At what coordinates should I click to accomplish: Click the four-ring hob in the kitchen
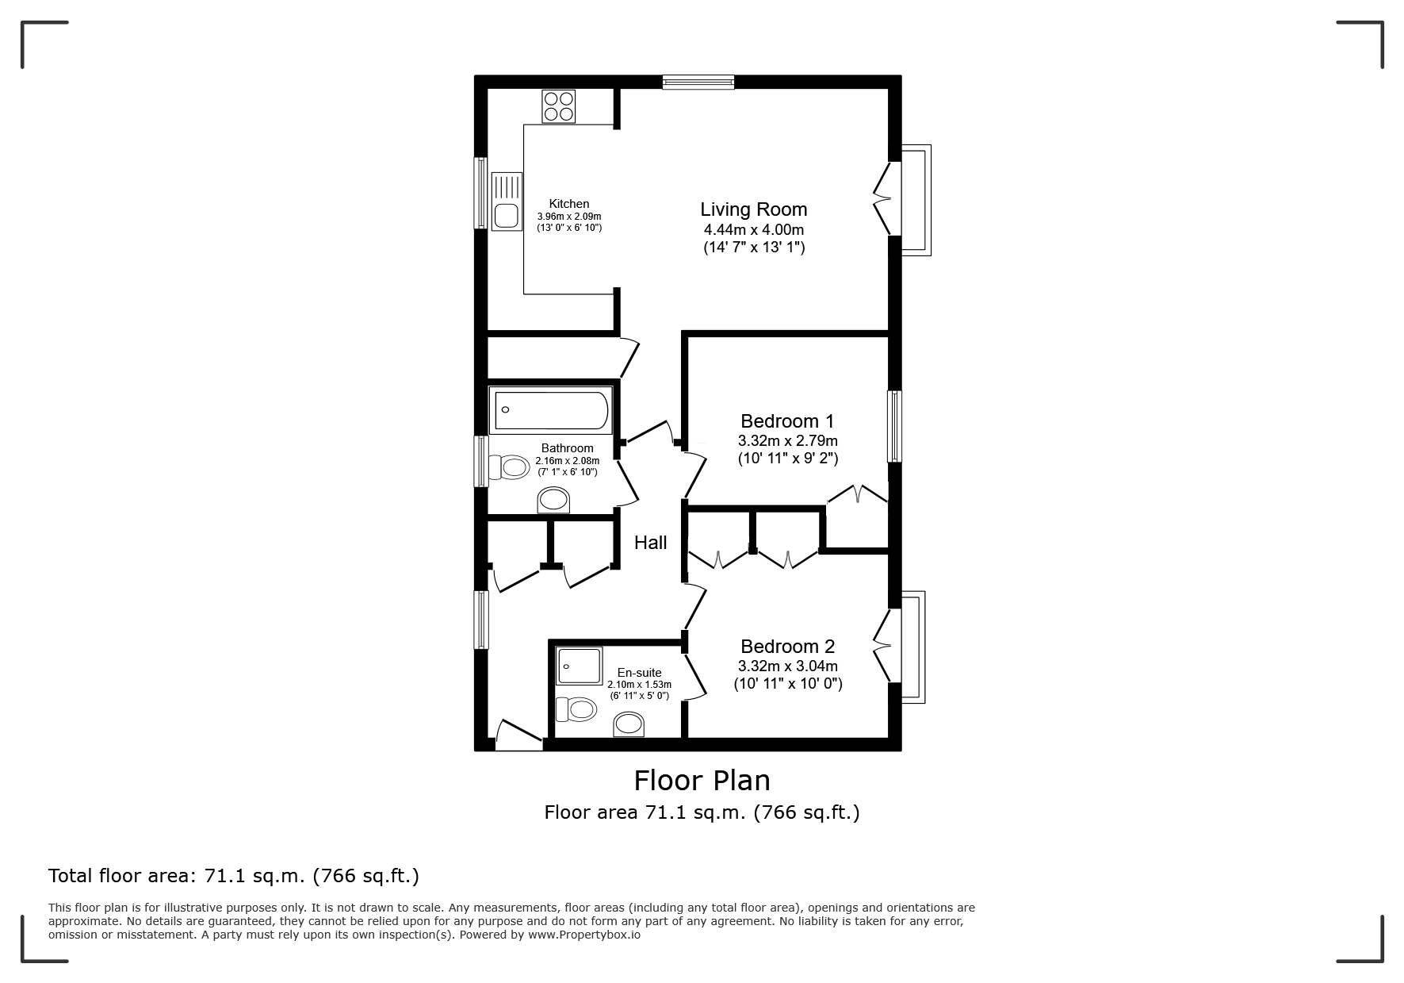click(558, 106)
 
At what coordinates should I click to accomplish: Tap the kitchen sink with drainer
click(506, 202)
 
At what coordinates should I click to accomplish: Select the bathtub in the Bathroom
click(551, 410)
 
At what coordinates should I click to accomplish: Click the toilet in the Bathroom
click(508, 467)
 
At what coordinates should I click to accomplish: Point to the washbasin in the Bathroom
click(553, 500)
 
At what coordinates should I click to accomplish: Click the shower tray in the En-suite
click(579, 665)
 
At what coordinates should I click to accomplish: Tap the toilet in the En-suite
click(576, 708)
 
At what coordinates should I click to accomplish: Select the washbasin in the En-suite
click(629, 724)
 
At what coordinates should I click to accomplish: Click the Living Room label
click(754, 209)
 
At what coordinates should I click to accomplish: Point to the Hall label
click(650, 543)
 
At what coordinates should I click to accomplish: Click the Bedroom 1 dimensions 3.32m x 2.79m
click(788, 441)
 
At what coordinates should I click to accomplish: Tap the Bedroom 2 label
click(788, 647)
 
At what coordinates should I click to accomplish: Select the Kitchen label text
click(569, 204)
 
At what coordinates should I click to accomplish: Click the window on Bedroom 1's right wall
click(894, 426)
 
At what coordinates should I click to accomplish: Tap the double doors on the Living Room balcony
click(882, 199)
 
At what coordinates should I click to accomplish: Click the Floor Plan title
click(702, 781)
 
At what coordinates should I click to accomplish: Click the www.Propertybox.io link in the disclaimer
click(584, 935)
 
